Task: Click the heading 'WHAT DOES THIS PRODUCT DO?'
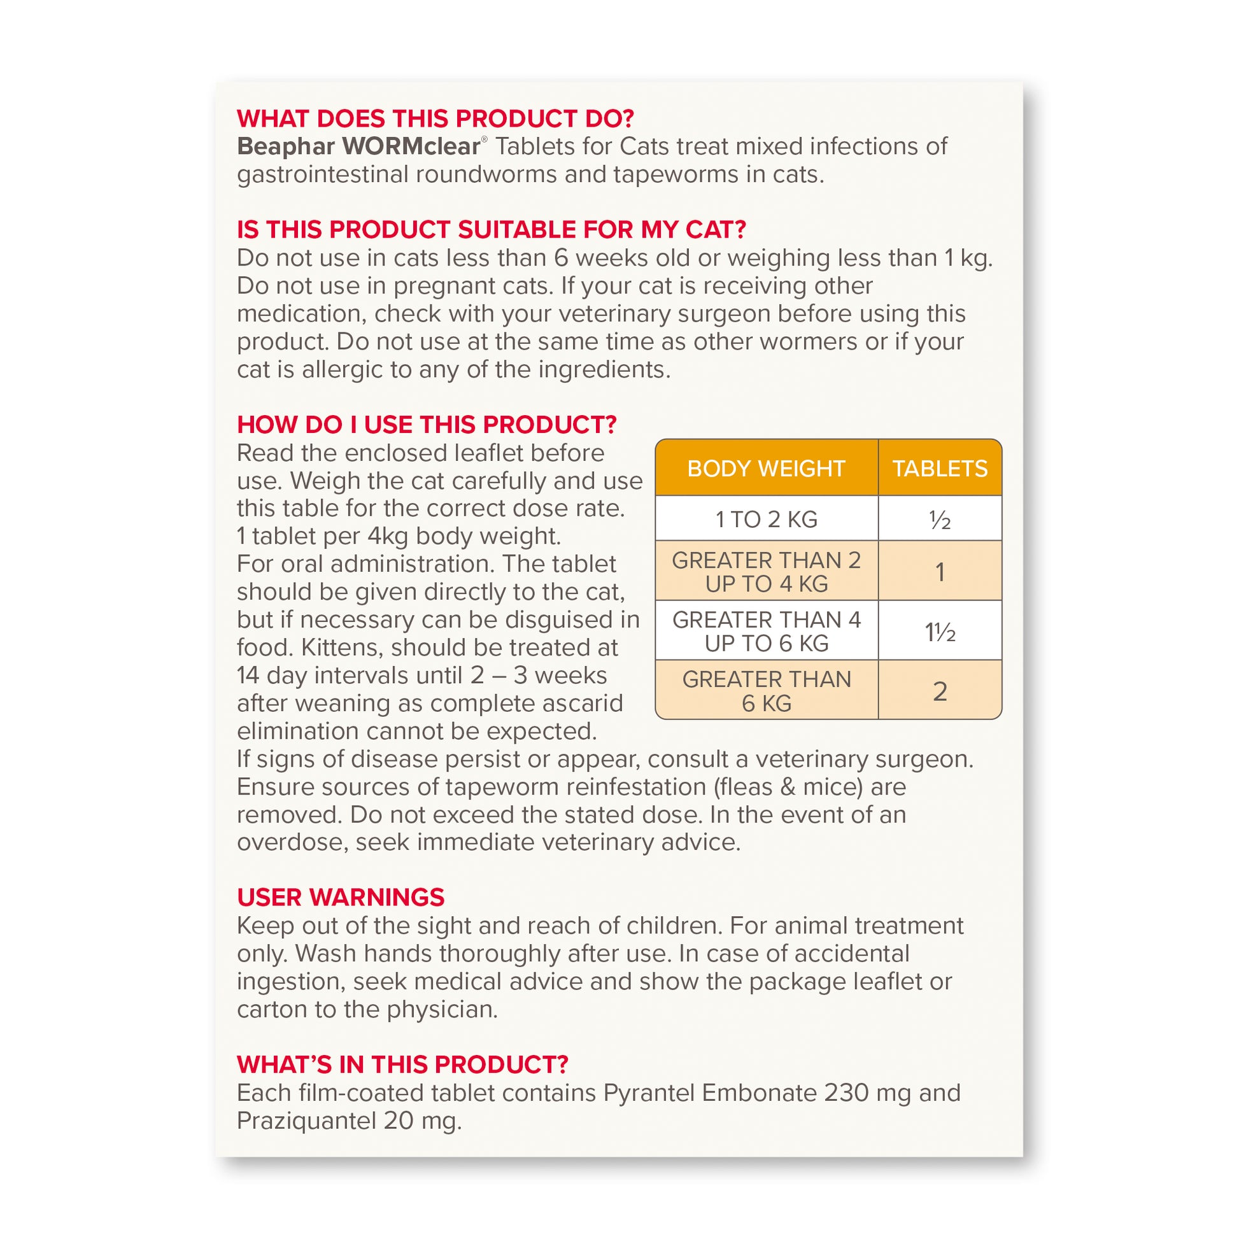click(x=435, y=118)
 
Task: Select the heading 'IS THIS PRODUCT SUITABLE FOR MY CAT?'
click(x=492, y=230)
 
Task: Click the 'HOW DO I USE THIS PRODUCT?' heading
click(x=427, y=425)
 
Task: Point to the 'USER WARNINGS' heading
click(x=341, y=897)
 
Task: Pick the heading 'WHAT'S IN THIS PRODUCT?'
click(x=403, y=1065)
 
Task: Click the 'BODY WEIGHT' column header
click(x=766, y=468)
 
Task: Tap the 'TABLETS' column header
click(x=940, y=468)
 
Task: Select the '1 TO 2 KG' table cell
click(x=766, y=519)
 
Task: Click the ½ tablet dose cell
click(x=940, y=520)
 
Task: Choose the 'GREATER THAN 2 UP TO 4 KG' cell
click(x=766, y=571)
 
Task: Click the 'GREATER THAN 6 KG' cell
click(x=766, y=691)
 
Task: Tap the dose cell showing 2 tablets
click(x=940, y=691)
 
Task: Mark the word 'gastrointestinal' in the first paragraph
click(x=322, y=174)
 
